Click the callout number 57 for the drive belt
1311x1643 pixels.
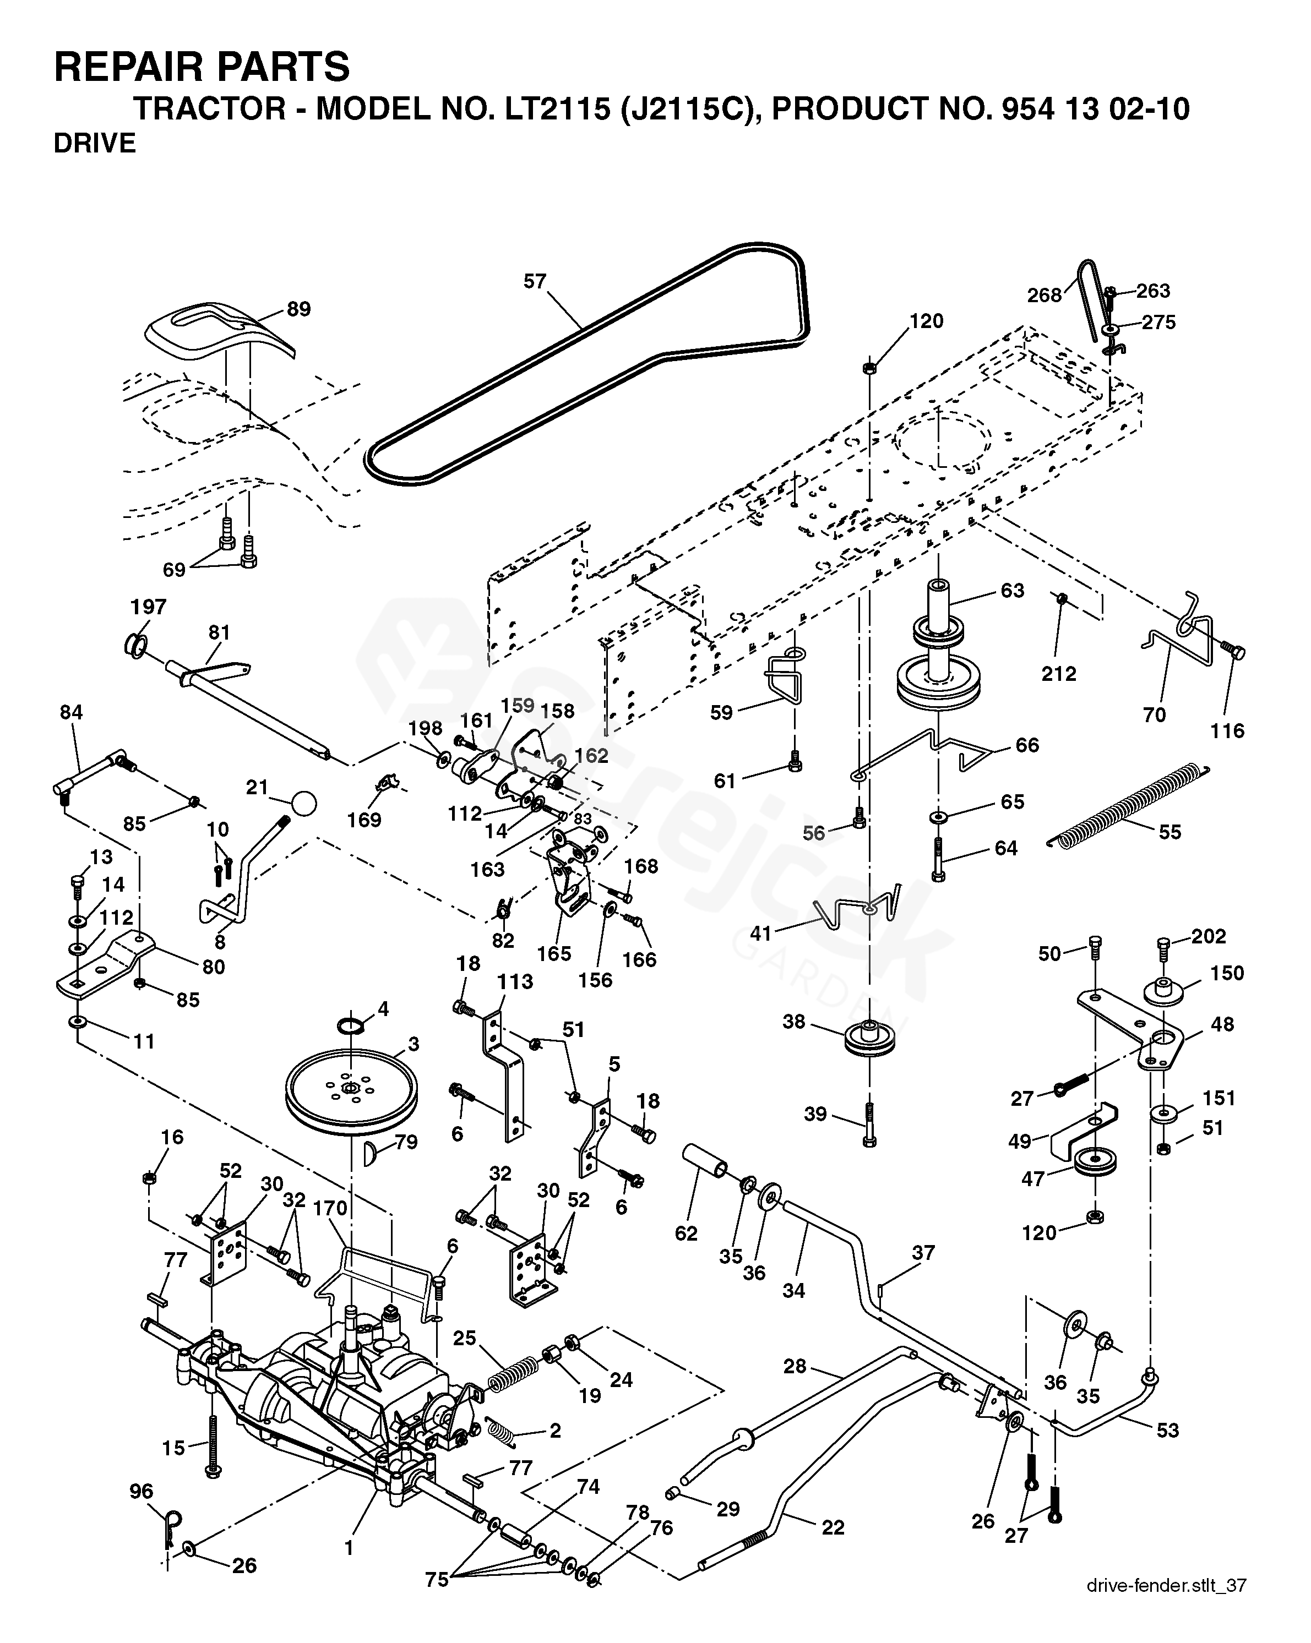[535, 281]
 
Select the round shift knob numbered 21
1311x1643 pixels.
[303, 803]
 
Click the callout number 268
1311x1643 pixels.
[1044, 295]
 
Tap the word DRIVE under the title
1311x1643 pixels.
[95, 143]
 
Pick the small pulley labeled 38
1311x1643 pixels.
[869, 1039]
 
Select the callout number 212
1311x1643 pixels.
[1059, 673]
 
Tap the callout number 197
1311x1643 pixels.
[149, 607]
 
